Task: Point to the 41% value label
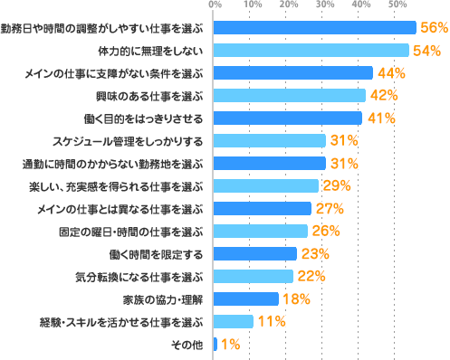tap(380, 118)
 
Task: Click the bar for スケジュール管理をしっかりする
tap(270, 141)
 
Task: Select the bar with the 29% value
tap(266, 186)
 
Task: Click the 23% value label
tap(315, 253)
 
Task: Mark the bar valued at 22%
tap(254, 276)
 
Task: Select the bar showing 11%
tap(234, 321)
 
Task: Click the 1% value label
tap(231, 344)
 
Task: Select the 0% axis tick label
tap(215, 5)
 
